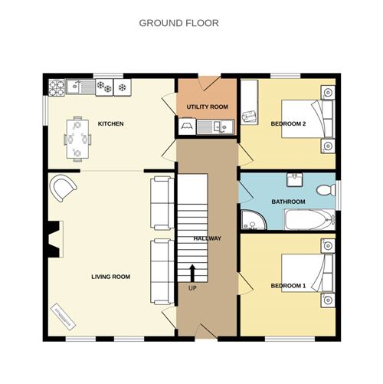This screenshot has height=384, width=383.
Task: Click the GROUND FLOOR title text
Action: [x=178, y=23]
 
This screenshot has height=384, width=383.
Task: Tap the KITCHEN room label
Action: [x=110, y=123]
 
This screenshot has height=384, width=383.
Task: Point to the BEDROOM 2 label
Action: [x=288, y=123]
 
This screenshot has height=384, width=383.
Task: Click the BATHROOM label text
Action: [x=288, y=202]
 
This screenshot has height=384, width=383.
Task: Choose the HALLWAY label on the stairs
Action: [x=207, y=238]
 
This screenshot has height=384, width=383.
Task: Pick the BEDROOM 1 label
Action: [x=288, y=286]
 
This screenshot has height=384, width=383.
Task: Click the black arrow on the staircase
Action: [x=191, y=272]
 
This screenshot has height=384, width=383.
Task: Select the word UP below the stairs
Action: [x=191, y=288]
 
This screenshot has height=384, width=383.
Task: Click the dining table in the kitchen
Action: [x=77, y=139]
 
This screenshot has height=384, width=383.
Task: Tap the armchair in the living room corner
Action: [x=62, y=186]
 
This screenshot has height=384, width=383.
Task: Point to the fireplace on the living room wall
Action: [x=51, y=238]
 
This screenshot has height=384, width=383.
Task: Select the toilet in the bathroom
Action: [x=326, y=189]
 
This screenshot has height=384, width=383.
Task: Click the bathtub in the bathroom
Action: [x=306, y=222]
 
